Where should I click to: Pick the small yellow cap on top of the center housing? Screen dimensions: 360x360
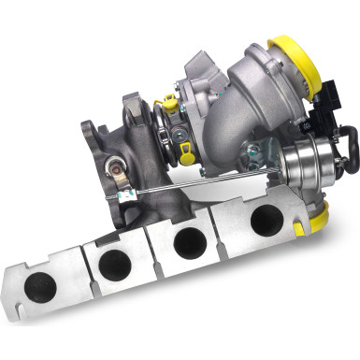[170, 100]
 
